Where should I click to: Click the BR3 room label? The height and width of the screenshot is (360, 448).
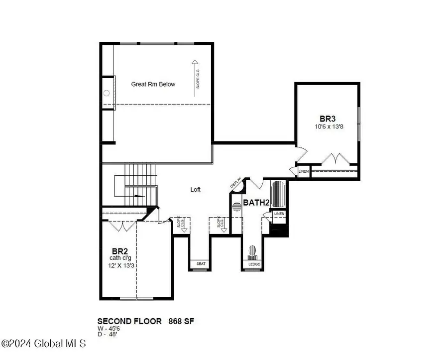[x=328, y=119]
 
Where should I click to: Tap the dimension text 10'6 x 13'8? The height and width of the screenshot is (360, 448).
[x=328, y=126]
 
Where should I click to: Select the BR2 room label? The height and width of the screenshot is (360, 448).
[x=117, y=251]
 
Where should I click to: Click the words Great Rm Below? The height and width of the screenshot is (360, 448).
[x=153, y=84]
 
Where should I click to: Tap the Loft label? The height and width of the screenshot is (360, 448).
[x=196, y=190]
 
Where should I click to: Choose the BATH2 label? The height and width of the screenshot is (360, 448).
[x=256, y=203]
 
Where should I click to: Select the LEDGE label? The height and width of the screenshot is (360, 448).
[x=253, y=263]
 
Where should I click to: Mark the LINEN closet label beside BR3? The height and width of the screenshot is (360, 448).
[x=303, y=171]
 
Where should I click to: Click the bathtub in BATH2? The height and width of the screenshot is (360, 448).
[x=278, y=196]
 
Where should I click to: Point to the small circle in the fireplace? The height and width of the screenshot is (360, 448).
[x=107, y=93]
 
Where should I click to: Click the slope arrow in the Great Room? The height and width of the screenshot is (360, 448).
[x=195, y=77]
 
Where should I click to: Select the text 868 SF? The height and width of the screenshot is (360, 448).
[x=180, y=321]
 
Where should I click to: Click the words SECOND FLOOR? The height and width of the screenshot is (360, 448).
[x=129, y=321]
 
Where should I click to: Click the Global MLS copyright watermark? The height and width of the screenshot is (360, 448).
[x=44, y=344]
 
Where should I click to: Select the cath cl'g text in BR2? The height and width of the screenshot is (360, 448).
[x=121, y=258]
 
